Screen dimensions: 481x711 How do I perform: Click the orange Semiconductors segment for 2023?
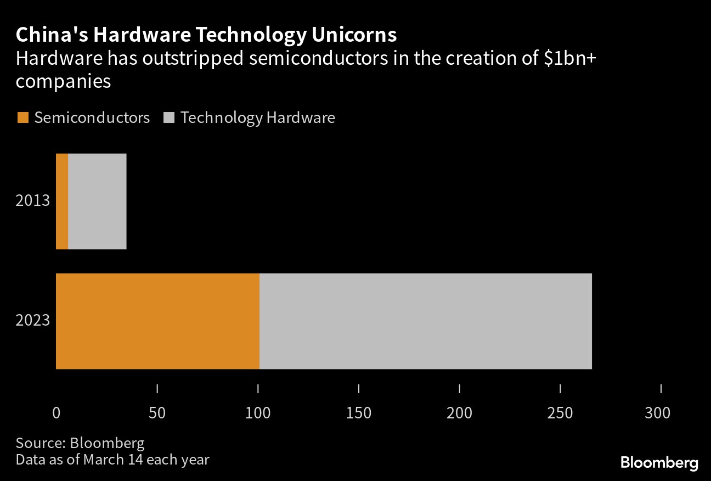pyautogui.click(x=157, y=321)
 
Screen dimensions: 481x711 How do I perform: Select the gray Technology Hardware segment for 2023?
pyautogui.click(x=425, y=321)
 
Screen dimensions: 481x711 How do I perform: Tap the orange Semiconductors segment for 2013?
pyautogui.click(x=62, y=202)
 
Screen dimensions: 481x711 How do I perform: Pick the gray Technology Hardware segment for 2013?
pyautogui.click(x=97, y=202)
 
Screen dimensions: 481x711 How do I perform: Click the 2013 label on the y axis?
pyautogui.click(x=33, y=200)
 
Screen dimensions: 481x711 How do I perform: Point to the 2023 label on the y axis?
pyautogui.click(x=33, y=320)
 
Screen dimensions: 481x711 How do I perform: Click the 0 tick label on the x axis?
pyautogui.click(x=56, y=413)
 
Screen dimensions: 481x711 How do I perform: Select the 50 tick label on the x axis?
pyautogui.click(x=157, y=413)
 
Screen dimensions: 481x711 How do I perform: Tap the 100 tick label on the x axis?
pyautogui.click(x=258, y=413)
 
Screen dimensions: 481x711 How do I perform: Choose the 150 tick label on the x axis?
pyautogui.click(x=359, y=413)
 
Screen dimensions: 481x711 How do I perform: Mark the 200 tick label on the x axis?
pyautogui.click(x=459, y=413)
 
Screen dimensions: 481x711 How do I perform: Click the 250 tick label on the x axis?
pyautogui.click(x=560, y=413)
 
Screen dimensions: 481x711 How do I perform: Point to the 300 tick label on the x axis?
pyautogui.click(x=657, y=413)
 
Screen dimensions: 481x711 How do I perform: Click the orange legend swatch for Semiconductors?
pyautogui.click(x=22, y=118)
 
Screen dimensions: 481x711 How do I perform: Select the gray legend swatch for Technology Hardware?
pyautogui.click(x=169, y=118)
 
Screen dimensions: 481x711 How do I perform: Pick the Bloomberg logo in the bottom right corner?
pyautogui.click(x=659, y=462)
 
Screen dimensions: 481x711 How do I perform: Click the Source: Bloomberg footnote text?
pyautogui.click(x=80, y=443)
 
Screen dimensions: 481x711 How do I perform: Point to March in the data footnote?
pyautogui.click(x=104, y=459)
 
